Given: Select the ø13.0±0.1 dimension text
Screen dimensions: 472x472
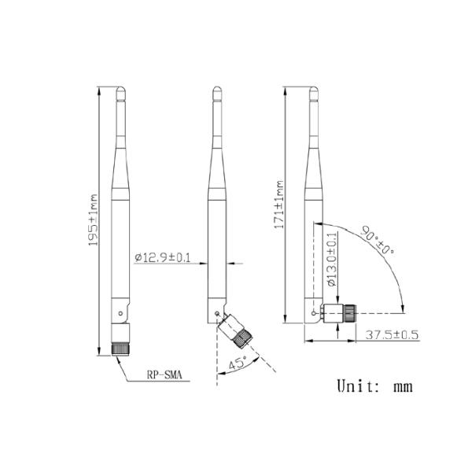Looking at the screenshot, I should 330,259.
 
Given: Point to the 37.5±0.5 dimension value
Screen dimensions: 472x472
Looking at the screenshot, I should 392,335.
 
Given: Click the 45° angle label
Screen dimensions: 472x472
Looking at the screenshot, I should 236,364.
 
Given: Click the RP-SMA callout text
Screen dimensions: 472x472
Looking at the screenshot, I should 164,376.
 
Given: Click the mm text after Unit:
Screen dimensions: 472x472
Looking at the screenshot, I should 402,387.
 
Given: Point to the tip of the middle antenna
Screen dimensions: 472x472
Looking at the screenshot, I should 219,90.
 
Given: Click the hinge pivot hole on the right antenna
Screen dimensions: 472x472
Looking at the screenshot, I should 315,315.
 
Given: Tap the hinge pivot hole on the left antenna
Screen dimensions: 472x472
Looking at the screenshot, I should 119,315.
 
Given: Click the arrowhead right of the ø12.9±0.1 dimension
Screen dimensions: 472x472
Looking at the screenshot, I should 229,262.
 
